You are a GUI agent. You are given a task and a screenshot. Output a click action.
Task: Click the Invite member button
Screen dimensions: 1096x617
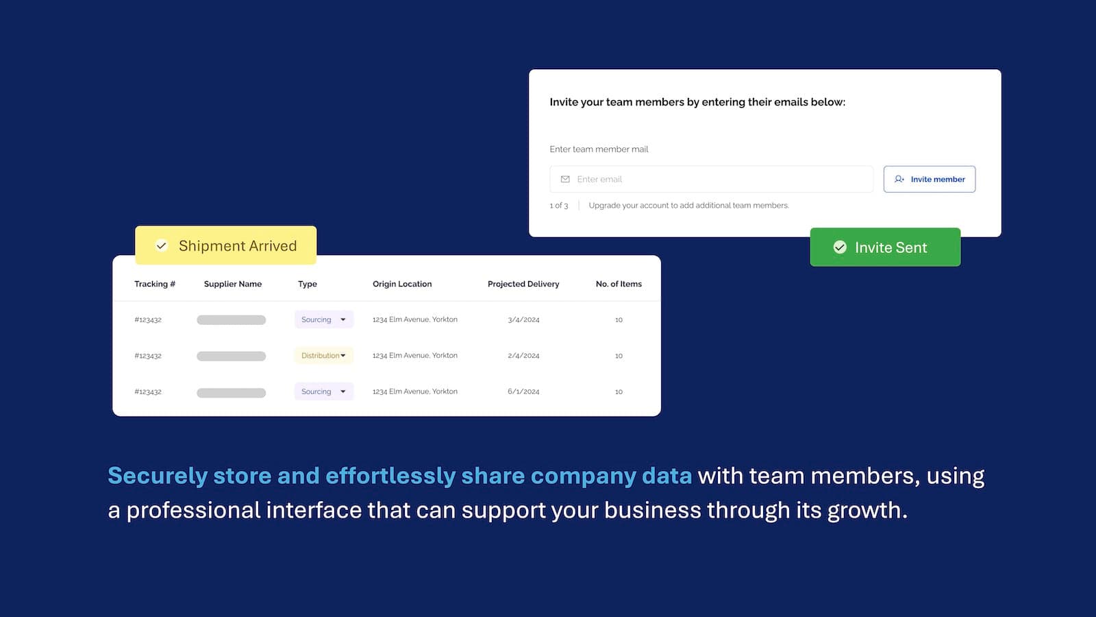[929, 179]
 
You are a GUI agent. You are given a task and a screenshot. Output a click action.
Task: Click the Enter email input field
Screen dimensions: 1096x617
[712, 179]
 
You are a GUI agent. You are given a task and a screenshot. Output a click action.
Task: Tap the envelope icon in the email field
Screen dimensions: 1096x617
[565, 179]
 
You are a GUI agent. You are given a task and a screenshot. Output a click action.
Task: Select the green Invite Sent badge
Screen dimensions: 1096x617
[885, 247]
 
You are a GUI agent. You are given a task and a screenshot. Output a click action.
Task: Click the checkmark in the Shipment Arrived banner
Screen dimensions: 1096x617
[162, 245]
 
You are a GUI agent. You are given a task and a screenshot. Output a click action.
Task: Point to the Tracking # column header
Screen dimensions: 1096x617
[155, 284]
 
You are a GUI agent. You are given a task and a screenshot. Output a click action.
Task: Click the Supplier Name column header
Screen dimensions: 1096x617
[233, 284]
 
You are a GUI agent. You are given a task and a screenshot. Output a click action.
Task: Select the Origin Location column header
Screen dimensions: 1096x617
[402, 284]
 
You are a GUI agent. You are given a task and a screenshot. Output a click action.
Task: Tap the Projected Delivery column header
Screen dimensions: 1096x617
[523, 284]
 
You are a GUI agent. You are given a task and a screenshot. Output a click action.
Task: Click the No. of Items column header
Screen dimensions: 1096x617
[619, 284]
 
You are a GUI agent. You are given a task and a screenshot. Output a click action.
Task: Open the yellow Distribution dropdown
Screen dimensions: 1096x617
[323, 356]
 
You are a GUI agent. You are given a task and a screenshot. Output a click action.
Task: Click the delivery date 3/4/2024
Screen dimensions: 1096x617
[523, 319]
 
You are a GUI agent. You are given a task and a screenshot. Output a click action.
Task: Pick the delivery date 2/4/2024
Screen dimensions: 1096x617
[523, 356]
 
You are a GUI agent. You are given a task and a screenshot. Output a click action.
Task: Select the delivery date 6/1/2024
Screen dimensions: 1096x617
[523, 391]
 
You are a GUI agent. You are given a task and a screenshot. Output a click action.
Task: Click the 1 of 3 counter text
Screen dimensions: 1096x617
[559, 206]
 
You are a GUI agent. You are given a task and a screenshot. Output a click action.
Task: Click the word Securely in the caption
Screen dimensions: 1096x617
[158, 476]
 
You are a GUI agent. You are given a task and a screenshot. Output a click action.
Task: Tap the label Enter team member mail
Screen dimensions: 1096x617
[599, 149]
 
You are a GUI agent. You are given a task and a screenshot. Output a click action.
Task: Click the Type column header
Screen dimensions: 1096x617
[308, 284]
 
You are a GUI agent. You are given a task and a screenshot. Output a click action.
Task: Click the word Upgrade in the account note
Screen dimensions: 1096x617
[604, 206]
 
